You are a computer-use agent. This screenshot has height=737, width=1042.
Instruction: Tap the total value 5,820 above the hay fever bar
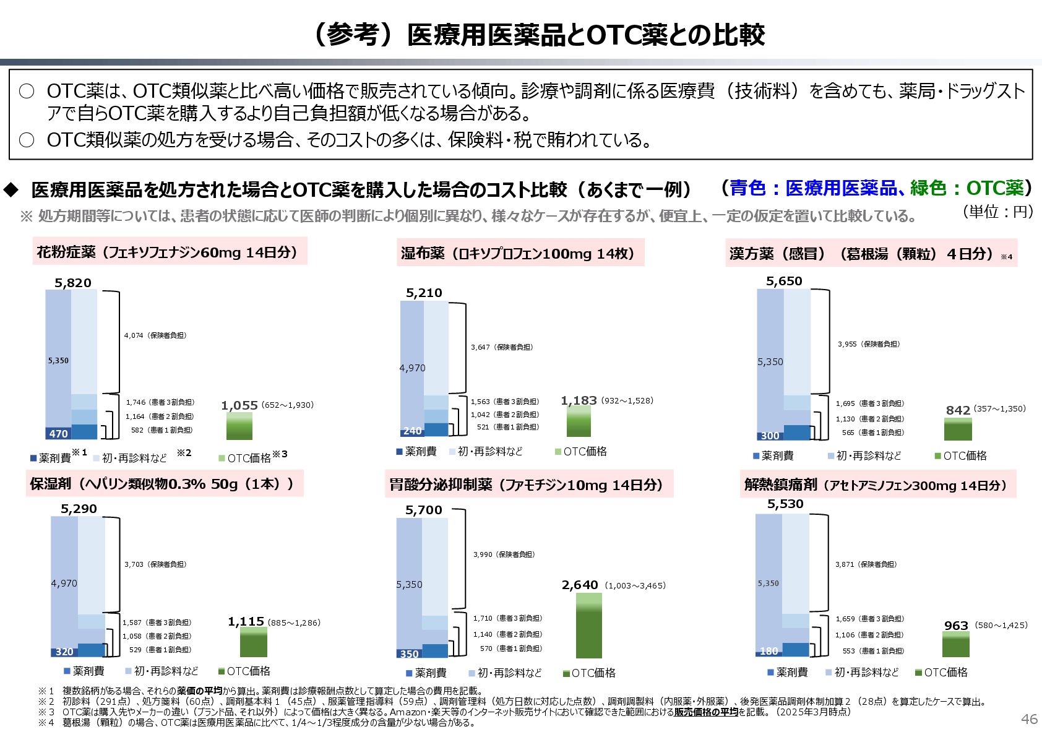pos(73,283)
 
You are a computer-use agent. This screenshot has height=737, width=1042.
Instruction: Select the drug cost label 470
pos(59,434)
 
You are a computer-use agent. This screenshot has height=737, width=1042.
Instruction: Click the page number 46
pos(1029,718)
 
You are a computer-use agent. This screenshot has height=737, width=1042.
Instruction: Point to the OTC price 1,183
pos(579,401)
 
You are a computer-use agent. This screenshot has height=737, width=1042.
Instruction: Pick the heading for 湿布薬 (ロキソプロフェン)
pos(520,253)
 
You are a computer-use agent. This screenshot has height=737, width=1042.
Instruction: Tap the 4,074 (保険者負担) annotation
pos(155,335)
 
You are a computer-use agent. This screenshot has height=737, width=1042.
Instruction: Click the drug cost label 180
pos(769,651)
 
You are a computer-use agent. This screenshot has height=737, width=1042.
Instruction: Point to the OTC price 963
pos(956,626)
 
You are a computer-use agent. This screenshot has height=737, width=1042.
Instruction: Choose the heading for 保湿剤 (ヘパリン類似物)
pos(164,484)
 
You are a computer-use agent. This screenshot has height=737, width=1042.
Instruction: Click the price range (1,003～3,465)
pos(635,585)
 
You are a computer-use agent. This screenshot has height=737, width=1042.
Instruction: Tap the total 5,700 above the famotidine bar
pos(424,510)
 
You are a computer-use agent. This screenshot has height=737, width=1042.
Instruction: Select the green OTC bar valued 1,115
pos(254,642)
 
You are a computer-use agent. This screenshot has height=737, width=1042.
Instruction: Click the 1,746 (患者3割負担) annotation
pos(160,402)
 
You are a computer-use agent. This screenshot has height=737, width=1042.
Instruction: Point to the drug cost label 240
pos(412,431)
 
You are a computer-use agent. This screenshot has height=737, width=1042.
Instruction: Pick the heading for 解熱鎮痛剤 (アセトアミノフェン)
pos(877,485)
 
